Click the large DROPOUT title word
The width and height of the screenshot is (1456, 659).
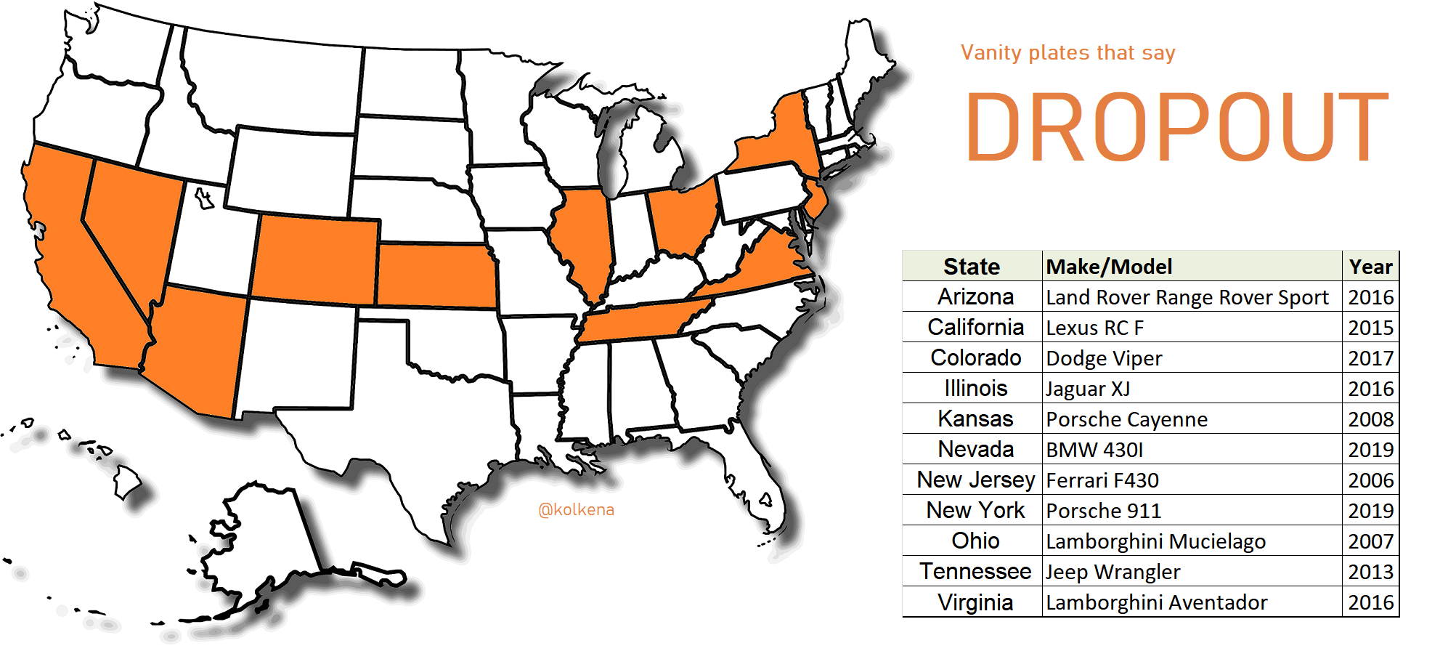click(1176, 127)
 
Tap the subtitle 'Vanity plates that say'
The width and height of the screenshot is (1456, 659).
click(1067, 53)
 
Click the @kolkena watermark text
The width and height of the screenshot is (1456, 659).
click(576, 510)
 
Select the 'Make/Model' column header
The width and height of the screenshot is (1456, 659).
click(1109, 267)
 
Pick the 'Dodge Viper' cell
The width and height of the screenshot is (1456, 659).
click(1104, 358)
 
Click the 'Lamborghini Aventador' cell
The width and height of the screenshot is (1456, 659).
click(1156, 602)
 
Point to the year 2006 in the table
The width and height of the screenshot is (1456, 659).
click(1370, 480)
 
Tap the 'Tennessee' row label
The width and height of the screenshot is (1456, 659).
click(975, 572)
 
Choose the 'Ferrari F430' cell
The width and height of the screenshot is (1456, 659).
click(1102, 480)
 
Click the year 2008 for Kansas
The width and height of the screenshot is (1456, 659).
click(1370, 419)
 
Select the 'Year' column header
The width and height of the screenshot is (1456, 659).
click(1370, 267)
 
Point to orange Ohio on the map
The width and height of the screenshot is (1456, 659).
click(681, 218)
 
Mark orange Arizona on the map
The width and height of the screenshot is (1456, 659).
click(196, 349)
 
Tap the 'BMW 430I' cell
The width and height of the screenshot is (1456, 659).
click(1094, 450)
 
